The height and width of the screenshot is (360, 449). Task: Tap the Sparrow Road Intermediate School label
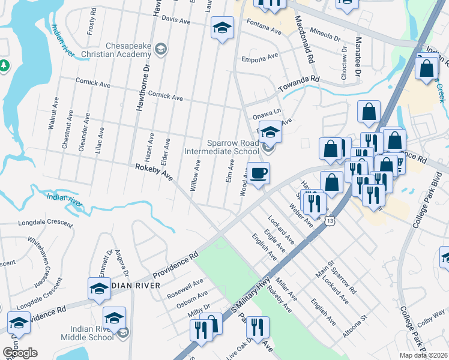coord(233,148)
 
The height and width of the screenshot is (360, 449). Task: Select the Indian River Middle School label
coord(87,333)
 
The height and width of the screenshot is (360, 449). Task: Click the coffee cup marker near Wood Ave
coord(259,174)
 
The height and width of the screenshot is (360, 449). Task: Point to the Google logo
coord(20,353)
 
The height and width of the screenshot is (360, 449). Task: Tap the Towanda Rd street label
coord(299,84)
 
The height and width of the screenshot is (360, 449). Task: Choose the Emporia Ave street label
coord(259,58)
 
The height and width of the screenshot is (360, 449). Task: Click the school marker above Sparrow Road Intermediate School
coord(270,131)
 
